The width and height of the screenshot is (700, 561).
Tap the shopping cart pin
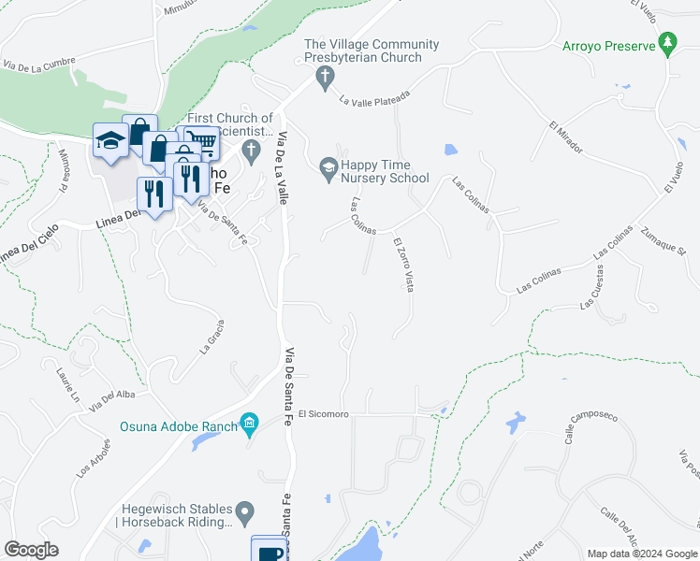coord(204,143)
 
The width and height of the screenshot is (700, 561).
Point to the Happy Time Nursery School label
coord(384,171)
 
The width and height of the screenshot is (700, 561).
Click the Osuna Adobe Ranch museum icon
coord(249,426)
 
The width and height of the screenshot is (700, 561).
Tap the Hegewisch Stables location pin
coord(244,512)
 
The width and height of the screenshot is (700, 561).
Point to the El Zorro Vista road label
coord(403,265)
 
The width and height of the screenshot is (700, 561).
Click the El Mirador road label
coord(566,137)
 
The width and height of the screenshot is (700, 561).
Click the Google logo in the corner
coord(32,550)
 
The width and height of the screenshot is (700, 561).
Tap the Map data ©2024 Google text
coord(641,554)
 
